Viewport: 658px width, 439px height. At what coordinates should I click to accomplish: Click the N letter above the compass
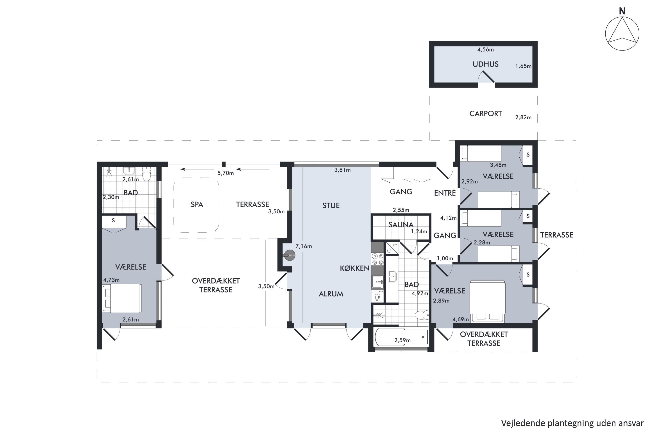point(622,11)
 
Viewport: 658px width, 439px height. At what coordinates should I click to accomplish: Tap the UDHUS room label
point(485,64)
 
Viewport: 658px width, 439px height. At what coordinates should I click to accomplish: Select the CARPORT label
point(485,114)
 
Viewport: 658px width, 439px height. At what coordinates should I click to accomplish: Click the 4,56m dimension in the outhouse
point(485,50)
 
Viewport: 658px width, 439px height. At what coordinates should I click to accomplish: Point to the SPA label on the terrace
point(197,205)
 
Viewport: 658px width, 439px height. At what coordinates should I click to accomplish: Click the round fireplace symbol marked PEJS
point(290,255)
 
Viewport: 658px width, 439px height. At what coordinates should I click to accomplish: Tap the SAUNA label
point(401,225)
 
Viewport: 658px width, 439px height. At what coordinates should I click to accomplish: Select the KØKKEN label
point(355,268)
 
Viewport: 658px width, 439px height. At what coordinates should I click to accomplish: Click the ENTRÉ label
point(445,193)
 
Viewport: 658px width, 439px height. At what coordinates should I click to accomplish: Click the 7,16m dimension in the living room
point(304,246)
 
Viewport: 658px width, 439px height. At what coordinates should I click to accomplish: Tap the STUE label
point(331,205)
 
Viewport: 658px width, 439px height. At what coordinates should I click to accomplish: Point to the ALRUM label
point(331,294)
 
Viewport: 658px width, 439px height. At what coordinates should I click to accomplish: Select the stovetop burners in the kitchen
point(377,259)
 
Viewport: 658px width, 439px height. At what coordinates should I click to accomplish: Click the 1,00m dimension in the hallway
point(445,258)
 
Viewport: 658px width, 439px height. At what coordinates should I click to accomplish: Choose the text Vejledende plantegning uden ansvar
point(572,423)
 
